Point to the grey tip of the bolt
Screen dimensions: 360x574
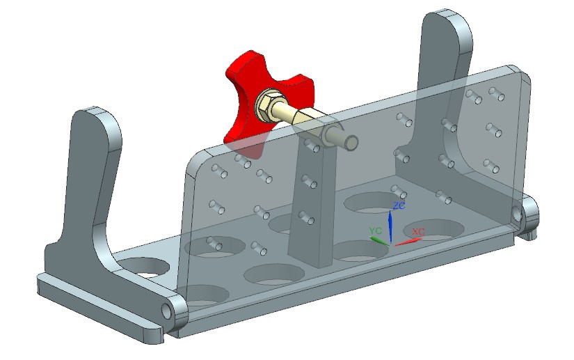pyautogui.click(x=352, y=141)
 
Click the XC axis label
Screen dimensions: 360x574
pyautogui.click(x=418, y=231)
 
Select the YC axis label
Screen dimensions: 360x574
pyautogui.click(x=375, y=230)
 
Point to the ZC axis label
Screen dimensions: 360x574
pyautogui.click(x=398, y=206)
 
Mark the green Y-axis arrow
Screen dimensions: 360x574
pyautogui.click(x=379, y=240)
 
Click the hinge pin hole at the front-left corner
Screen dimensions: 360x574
pyautogui.click(x=168, y=307)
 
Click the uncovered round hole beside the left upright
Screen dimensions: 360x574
pyautogui.click(x=147, y=266)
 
